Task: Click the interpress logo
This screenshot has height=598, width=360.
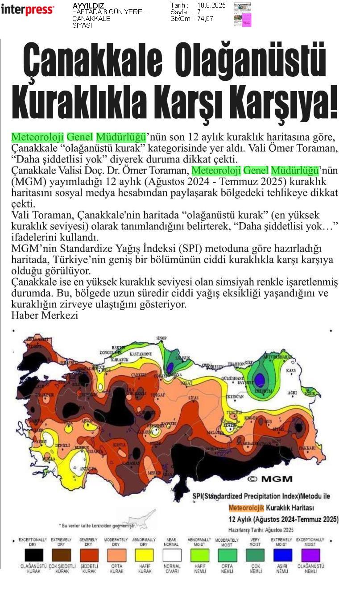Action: (x=27, y=10)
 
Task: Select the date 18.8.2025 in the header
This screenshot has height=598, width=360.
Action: (x=211, y=5)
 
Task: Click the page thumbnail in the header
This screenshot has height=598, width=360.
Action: (x=242, y=14)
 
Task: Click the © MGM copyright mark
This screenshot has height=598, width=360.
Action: (x=270, y=479)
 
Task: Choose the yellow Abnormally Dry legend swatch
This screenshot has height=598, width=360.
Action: (x=144, y=555)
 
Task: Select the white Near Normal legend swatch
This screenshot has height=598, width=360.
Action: (x=171, y=555)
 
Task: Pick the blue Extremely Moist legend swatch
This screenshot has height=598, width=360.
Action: (x=282, y=555)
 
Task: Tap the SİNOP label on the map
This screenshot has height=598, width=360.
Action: (x=161, y=339)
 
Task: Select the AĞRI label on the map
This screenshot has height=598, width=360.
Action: (x=293, y=393)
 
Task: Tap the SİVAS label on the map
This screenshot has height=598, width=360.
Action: (x=193, y=396)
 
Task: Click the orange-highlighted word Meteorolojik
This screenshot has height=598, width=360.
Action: (x=246, y=507)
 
